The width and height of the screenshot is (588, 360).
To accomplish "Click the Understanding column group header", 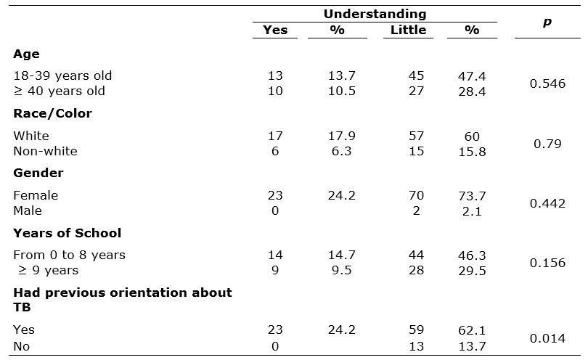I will click(x=375, y=14).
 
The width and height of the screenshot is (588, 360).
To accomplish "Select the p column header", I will click(x=547, y=22).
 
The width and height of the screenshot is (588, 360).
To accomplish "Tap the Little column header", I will click(x=408, y=30).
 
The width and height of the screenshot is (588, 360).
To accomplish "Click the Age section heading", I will click(x=26, y=54).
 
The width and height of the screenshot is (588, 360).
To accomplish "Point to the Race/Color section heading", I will click(x=52, y=113).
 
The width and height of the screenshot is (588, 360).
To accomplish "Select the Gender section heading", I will click(x=38, y=173).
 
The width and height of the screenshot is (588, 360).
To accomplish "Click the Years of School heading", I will click(x=67, y=233).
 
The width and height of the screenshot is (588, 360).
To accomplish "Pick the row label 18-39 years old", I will click(x=62, y=75).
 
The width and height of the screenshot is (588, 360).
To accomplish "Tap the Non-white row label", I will click(x=45, y=151).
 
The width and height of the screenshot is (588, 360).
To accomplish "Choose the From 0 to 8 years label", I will click(x=69, y=255).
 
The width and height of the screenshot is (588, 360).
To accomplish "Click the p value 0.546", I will click(x=547, y=83).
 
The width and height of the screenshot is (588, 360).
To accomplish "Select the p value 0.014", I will click(x=547, y=337).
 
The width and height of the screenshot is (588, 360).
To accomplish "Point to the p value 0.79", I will click(x=547, y=144).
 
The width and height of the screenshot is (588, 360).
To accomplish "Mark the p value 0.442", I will click(x=547, y=203).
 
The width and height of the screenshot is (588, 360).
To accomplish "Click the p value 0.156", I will click(x=547, y=263).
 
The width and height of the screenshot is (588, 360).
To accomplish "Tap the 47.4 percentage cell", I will click(x=473, y=75).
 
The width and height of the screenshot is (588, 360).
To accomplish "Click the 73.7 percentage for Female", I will click(x=473, y=195).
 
